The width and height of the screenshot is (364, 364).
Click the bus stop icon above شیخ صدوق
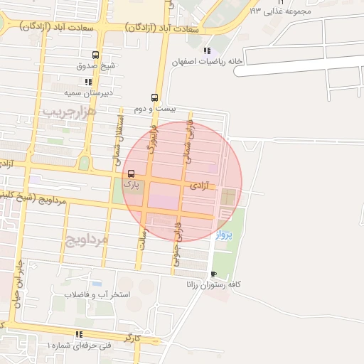pyautogui.click(x=96, y=55)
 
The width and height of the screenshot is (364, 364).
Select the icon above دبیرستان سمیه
pyautogui.click(x=88, y=82)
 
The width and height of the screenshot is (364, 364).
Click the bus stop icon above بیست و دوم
pyautogui.click(x=154, y=98)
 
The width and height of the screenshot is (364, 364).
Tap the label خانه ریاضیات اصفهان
pyautogui.click(x=207, y=62)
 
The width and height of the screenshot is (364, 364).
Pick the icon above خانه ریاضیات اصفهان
pyautogui.click(x=207, y=50)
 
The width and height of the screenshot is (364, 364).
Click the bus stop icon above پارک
pyautogui.click(x=131, y=173)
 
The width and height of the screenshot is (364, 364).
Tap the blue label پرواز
pyautogui.click(x=223, y=235)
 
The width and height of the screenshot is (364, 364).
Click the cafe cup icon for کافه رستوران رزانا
pyautogui.click(x=213, y=274)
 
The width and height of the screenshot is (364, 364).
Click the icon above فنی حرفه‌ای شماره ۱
pyautogui.click(x=79, y=334)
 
